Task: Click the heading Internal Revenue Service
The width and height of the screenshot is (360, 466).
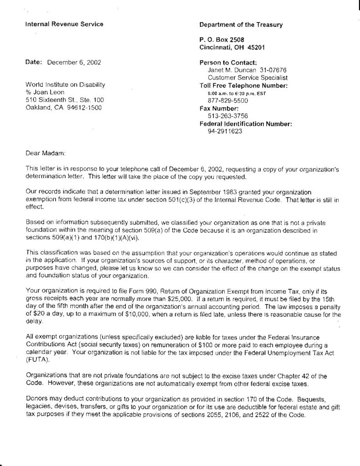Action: pyautogui.click(x=64, y=24)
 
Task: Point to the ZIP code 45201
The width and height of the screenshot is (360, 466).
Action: pyautogui.click(x=257, y=47)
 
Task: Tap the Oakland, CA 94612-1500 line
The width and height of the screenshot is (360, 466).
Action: pyautogui.click(x=64, y=108)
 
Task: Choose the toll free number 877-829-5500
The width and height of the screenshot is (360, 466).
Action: pyautogui.click(x=228, y=101)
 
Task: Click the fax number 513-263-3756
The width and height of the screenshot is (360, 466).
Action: pyautogui.click(x=228, y=116)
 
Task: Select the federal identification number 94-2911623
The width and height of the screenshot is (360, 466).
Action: pyautogui.click(x=225, y=132)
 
